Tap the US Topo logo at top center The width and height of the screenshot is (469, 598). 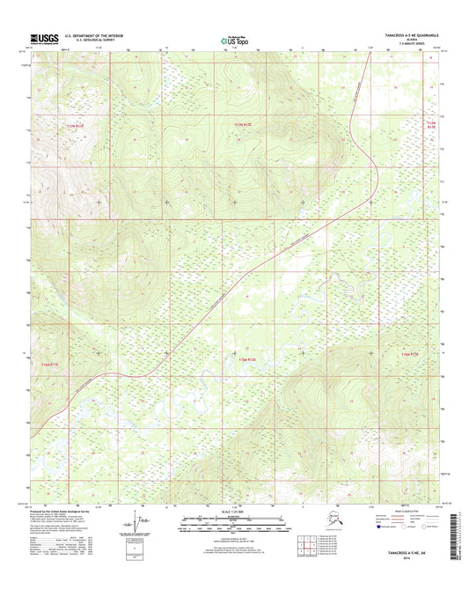pos(233,39)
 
